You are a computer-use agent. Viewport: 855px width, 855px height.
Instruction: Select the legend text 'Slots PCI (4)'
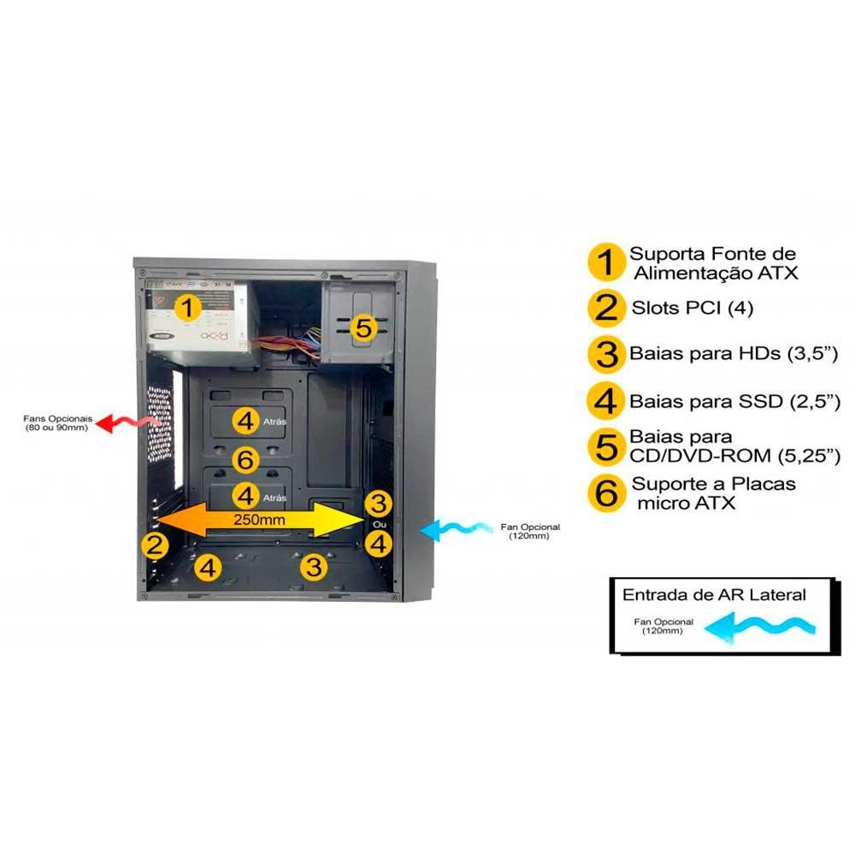(x=693, y=308)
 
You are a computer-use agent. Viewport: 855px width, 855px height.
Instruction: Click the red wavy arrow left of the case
(x=128, y=422)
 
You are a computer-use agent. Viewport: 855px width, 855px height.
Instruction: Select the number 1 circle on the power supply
(x=188, y=307)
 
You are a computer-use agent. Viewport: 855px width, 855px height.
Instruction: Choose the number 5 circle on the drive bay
(x=364, y=327)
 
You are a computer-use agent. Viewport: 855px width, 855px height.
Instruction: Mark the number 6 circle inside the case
(x=246, y=461)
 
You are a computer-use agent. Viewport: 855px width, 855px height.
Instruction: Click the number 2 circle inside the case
(x=155, y=545)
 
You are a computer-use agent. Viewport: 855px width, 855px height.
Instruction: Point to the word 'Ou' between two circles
(x=380, y=522)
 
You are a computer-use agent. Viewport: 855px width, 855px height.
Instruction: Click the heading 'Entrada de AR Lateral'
(x=714, y=594)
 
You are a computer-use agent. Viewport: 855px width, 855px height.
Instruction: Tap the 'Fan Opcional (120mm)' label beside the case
(x=525, y=531)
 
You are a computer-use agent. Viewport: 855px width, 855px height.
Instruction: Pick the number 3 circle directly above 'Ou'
(x=379, y=502)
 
